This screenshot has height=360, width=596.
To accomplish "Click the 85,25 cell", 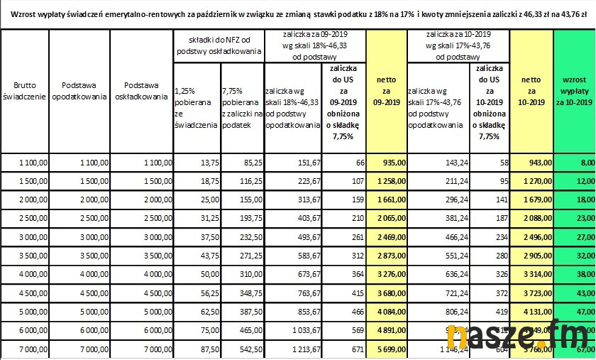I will coord(241,163).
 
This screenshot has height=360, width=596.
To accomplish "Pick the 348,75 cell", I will coord(241,290).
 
